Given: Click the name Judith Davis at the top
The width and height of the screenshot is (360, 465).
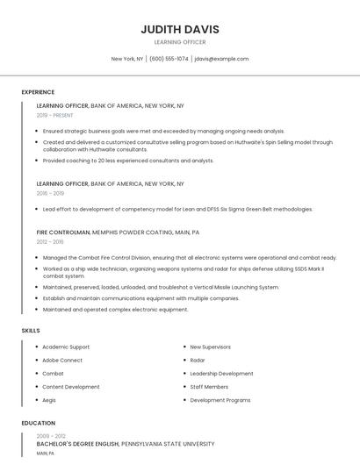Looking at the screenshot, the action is point(180,29).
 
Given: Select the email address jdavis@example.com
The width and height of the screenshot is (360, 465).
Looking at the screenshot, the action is point(221,59).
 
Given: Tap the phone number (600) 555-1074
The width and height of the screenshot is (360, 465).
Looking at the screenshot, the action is point(169,59).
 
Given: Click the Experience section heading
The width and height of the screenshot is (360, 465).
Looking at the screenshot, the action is point(38,92).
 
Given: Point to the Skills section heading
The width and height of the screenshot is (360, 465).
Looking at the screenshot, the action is point(31,330).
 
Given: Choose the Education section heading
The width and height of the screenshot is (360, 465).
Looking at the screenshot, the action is point(38,423).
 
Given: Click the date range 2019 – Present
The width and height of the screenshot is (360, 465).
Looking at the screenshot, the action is point(55,115).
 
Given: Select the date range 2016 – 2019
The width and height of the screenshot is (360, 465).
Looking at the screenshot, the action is point(50,193).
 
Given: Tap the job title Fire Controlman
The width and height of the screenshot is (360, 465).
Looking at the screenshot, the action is point(63,232).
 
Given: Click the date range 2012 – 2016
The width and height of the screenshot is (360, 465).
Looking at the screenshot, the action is point(50,241).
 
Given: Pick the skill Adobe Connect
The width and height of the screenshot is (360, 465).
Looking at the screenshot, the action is point(62,360).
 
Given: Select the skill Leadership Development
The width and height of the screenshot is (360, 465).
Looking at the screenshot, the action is point(221,373).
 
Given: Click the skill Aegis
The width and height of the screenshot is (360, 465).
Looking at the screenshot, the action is point(49,400).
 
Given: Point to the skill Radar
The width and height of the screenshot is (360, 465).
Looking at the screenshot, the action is point(198,360).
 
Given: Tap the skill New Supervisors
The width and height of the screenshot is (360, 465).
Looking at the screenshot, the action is point(210,347).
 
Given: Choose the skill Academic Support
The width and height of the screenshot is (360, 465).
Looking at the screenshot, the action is point(66,347).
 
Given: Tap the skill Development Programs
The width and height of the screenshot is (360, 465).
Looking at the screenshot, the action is point(220,400).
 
